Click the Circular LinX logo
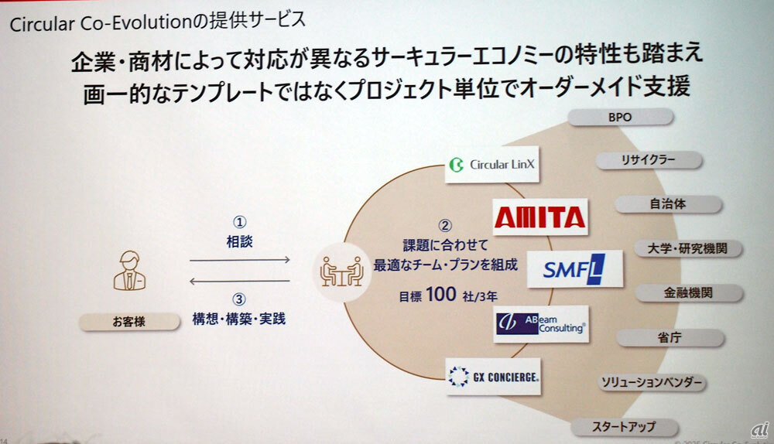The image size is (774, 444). [492, 164]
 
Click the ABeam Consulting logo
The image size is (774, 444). [540, 323]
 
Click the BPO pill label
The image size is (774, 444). [622, 118]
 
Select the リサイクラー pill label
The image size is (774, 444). [648, 160]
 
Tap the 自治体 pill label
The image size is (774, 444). [669, 205]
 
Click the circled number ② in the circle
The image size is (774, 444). [445, 227]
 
